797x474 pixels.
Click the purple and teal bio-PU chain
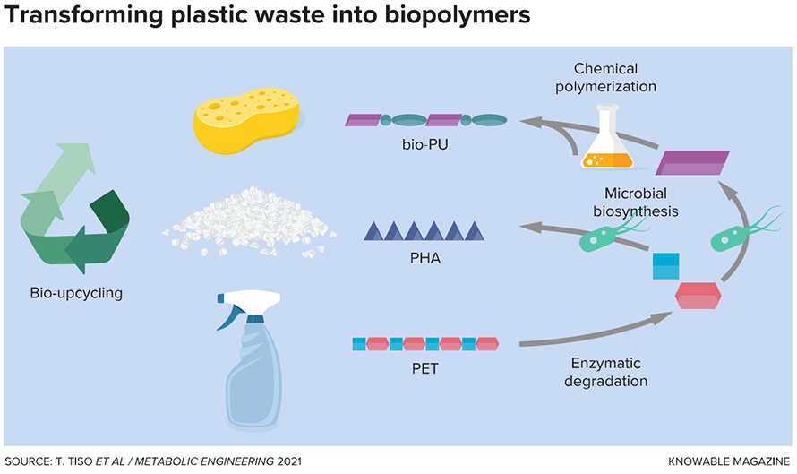426,119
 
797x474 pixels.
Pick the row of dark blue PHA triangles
425,231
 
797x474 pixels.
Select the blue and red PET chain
425,343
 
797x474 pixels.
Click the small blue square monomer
665,266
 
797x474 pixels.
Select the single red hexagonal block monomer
698,295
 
